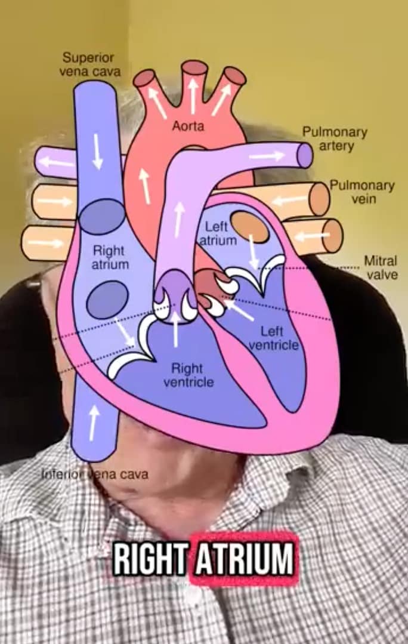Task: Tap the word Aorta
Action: tap(188, 126)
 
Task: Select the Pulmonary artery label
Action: tap(335, 138)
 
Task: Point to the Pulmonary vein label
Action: tap(363, 192)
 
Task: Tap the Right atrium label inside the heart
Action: tap(110, 257)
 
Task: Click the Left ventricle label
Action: tap(273, 338)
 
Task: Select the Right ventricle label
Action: tap(188, 375)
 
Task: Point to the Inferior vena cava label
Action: tap(95, 474)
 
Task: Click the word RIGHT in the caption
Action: tap(150, 560)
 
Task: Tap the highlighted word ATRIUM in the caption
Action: tap(244, 560)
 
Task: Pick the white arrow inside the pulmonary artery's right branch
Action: tap(267, 156)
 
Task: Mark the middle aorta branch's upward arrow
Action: tap(193, 95)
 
